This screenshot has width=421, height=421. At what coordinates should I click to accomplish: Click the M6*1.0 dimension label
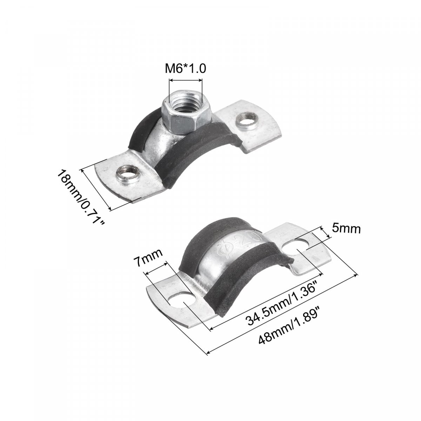pyautogui.click(x=185, y=69)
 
